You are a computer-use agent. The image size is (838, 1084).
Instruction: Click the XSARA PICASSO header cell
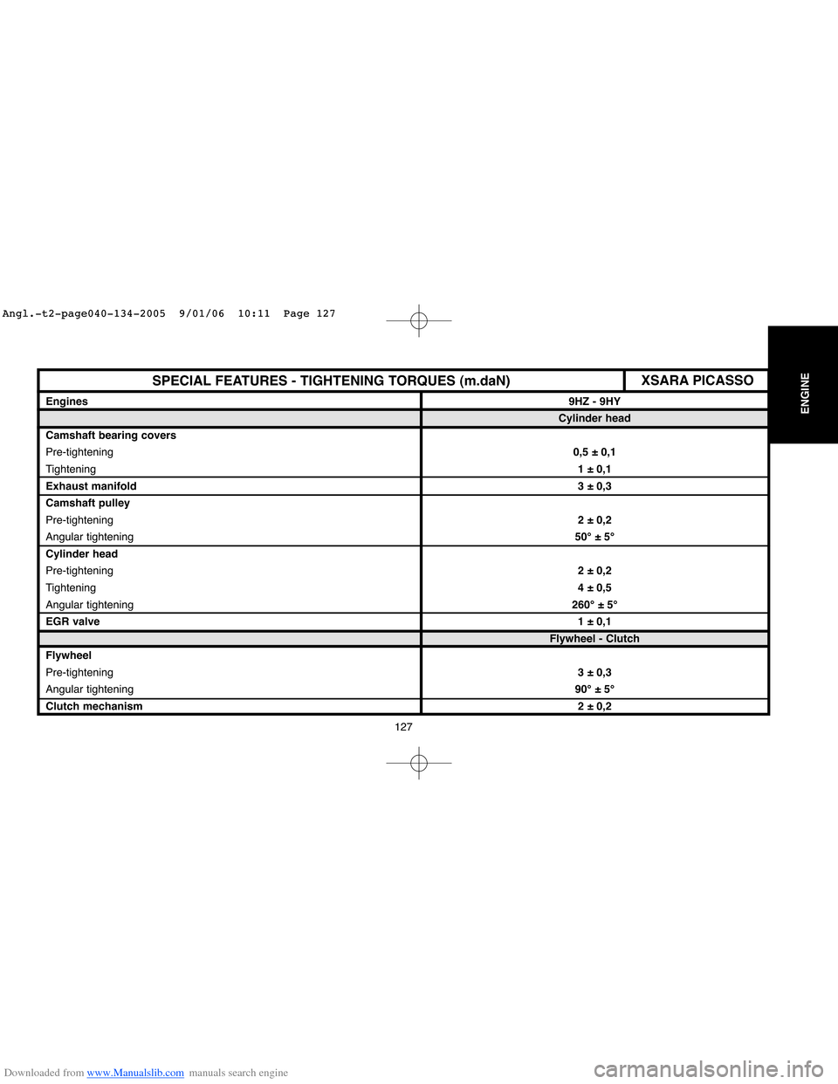697,381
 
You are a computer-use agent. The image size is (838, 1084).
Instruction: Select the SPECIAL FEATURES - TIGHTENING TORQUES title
331,381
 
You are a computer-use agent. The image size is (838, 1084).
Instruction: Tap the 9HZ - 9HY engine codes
594,401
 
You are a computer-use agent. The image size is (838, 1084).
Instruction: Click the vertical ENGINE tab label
805,393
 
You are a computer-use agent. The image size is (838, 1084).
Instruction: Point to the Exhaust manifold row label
91,486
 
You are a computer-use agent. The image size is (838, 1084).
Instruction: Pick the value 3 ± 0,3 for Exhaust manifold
594,486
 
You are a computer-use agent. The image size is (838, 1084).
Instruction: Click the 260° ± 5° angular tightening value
594,605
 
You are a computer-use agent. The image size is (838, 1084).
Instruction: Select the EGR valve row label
72,621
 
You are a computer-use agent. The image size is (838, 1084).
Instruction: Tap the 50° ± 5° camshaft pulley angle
594,537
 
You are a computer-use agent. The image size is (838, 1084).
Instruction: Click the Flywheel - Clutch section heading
594,639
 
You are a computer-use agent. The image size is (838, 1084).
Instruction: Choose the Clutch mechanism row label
93,706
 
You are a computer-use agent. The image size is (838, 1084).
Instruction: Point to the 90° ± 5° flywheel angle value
594,690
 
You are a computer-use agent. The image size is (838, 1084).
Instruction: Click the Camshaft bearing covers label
111,436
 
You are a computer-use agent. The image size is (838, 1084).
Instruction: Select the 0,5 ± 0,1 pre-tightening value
594,452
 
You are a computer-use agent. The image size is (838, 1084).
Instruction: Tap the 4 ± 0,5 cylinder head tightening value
594,587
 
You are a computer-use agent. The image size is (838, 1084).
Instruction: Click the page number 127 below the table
403,727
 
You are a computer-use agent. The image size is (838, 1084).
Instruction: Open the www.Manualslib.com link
135,1073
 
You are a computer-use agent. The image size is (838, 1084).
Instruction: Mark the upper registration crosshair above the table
419,320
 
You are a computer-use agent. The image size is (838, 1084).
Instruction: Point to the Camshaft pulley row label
87,503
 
